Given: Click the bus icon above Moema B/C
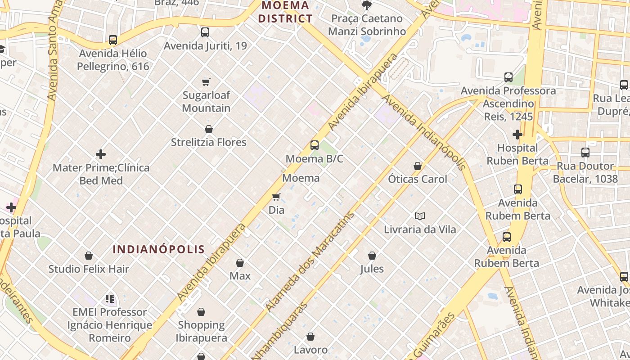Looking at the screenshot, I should pyautogui.click(x=314, y=145).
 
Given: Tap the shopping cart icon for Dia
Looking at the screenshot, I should pyautogui.click(x=276, y=197).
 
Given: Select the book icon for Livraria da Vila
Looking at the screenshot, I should pyautogui.click(x=419, y=216).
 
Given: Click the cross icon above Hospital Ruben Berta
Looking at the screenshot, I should pyautogui.click(x=517, y=135).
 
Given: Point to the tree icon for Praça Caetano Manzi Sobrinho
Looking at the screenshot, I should pyautogui.click(x=367, y=5).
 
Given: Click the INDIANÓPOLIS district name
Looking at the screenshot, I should pyautogui.click(x=159, y=249).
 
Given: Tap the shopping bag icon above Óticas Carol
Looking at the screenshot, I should pyautogui.click(x=418, y=166).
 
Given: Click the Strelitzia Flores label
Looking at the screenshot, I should pyautogui.click(x=208, y=142).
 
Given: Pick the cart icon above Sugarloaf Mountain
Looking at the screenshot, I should pyautogui.click(x=206, y=82).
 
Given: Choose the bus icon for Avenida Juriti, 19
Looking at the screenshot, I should pyautogui.click(x=205, y=32).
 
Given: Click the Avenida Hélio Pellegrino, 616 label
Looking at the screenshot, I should pyautogui.click(x=112, y=60).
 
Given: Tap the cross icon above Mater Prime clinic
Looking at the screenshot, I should pyautogui.click(x=101, y=155).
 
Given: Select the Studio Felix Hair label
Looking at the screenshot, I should pyautogui.click(x=89, y=269).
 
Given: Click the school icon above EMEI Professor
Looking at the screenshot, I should pyautogui.click(x=110, y=299).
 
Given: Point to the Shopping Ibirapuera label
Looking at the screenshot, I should pyautogui.click(x=201, y=331).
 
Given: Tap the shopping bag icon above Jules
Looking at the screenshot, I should pyautogui.click(x=372, y=256).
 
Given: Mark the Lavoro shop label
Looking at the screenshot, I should pyautogui.click(x=310, y=350).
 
